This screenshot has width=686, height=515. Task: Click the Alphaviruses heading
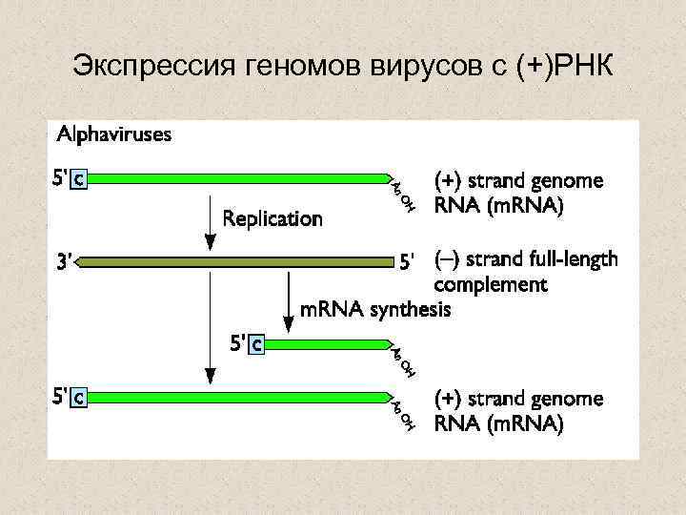(x=114, y=134)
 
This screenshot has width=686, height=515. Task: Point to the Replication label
(x=272, y=219)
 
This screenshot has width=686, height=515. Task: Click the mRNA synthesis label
(x=375, y=310)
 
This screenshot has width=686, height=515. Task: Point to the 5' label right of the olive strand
(x=408, y=260)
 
